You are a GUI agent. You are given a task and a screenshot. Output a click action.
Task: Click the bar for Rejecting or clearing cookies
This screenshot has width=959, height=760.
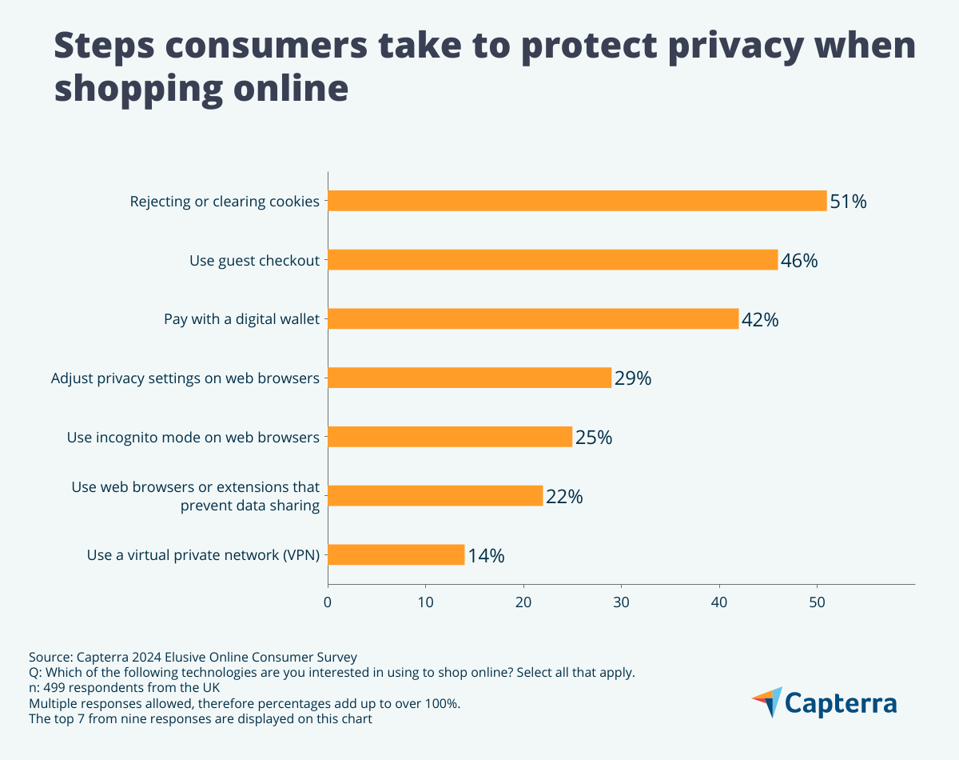coord(577,201)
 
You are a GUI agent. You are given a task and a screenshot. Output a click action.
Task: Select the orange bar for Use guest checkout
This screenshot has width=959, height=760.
coord(552,260)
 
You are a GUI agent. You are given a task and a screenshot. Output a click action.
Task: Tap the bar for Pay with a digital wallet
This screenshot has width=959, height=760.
coord(533,318)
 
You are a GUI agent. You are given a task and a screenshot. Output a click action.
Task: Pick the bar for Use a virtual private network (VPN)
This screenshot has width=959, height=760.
coord(396,554)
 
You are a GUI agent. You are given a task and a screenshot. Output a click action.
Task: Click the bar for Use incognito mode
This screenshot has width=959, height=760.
coord(450,437)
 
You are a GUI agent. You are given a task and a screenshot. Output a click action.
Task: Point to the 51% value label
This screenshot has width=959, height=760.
coord(848,202)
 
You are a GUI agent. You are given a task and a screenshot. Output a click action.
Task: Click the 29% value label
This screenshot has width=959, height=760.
coord(633,378)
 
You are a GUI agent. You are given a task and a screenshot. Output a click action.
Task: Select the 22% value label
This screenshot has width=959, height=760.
coord(564,497)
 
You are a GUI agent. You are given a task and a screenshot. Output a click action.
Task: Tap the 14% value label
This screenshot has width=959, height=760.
coord(486,556)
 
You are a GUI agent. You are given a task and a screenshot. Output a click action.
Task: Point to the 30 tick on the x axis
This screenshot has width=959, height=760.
coord(621,601)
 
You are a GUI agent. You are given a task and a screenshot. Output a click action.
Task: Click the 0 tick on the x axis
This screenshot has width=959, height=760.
coord(328,601)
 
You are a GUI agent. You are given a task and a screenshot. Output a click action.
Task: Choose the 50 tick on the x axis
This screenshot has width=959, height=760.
coord(817,601)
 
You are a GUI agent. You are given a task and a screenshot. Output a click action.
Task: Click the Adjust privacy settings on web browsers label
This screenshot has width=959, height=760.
coord(185,378)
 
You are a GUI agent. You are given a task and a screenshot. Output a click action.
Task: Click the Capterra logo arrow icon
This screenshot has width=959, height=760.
coord(767,702)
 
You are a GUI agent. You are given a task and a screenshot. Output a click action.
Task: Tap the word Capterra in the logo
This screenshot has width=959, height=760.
coord(841,703)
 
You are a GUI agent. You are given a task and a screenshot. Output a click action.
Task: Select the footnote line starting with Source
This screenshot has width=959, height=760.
coord(193,657)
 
